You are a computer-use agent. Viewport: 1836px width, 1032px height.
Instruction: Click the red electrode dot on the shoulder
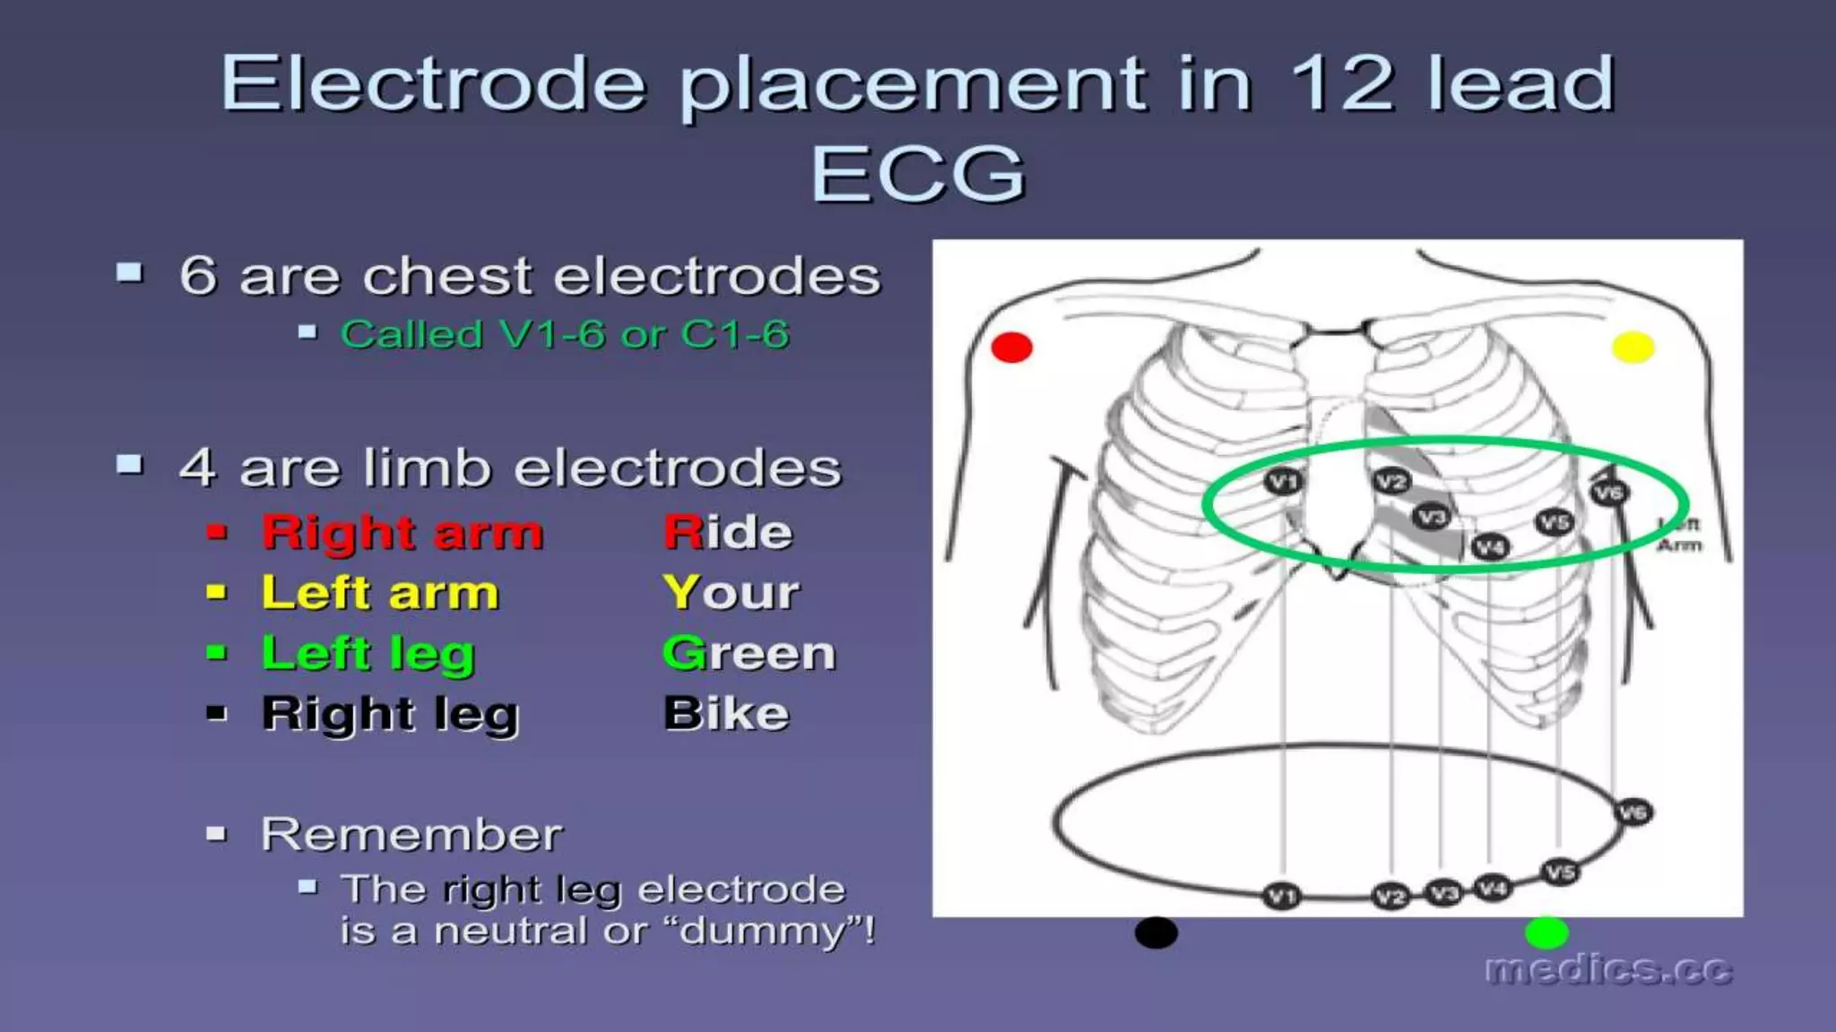pos(1011,348)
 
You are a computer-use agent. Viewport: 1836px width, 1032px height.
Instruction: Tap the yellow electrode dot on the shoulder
pos(1632,347)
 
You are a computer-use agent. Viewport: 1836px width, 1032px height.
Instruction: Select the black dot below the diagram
pos(1156,933)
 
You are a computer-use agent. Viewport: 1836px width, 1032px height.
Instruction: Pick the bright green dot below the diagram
pos(1546,933)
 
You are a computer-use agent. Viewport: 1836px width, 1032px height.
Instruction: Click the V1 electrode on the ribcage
pos(1282,482)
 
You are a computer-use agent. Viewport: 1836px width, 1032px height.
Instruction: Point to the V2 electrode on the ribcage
pos(1391,482)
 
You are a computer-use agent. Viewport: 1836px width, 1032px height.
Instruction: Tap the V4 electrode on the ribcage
pos(1490,546)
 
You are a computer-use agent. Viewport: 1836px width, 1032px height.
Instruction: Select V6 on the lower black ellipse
pos(1632,813)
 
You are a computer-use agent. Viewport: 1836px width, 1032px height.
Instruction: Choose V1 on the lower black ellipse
pos(1281,896)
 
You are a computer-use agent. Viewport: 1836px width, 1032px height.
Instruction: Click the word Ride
pos(728,532)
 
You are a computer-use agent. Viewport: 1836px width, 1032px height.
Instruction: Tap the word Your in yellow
pos(731,592)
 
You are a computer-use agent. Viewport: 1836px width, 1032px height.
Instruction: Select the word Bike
pos(726,714)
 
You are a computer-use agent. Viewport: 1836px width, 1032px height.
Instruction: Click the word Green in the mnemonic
pos(749,653)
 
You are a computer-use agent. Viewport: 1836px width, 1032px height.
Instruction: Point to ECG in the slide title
pos(918,173)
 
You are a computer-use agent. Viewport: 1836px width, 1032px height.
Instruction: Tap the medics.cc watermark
pos(1608,970)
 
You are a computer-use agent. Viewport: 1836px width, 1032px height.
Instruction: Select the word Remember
pos(411,834)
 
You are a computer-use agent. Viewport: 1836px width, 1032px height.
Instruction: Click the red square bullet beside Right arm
pos(216,533)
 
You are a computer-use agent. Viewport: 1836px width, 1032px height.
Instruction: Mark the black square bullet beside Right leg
pos(216,714)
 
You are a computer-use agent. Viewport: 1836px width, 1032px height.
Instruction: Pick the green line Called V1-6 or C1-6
pos(565,335)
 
